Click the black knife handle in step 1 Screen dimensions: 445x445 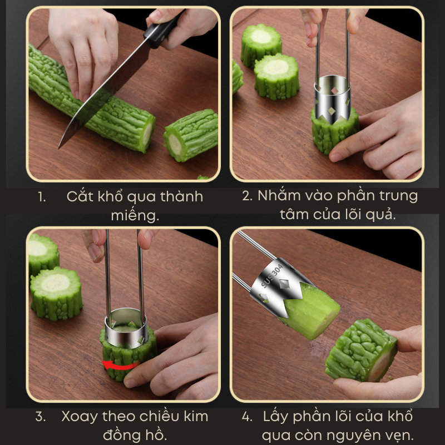click(163, 30)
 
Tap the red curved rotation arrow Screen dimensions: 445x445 click(121, 366)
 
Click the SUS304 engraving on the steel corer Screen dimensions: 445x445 click(271, 276)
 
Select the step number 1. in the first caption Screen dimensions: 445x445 click(42, 197)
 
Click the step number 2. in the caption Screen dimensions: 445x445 click(247, 196)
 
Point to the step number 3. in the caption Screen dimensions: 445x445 click(41, 417)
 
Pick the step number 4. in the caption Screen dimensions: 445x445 click(247, 417)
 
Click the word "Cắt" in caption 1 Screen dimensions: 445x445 click(80, 196)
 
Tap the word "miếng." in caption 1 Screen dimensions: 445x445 click(135, 216)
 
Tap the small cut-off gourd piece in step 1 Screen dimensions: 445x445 click(191, 135)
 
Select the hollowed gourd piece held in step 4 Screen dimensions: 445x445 click(361, 350)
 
